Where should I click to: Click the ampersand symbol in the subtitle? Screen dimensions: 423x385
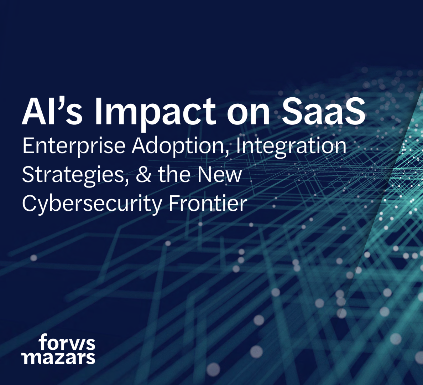click(x=143, y=175)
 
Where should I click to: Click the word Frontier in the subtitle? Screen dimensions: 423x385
click(x=208, y=203)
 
